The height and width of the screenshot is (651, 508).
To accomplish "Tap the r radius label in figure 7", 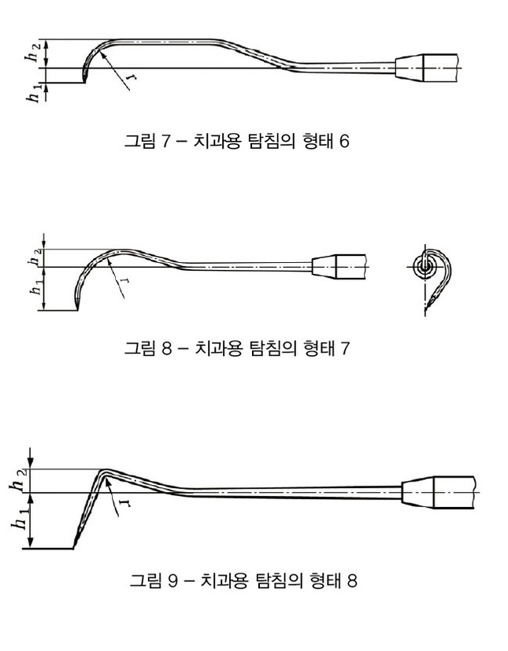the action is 132,77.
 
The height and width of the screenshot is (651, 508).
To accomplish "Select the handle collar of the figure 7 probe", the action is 409,67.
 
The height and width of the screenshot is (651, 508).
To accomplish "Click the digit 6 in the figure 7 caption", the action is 344,142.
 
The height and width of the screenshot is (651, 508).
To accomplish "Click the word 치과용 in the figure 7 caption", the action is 217,142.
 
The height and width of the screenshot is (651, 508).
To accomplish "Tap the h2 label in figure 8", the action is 35,257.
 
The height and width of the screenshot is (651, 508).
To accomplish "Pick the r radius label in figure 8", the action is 124,283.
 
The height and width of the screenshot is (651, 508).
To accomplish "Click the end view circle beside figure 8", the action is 424,267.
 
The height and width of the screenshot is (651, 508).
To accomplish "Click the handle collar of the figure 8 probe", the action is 324,266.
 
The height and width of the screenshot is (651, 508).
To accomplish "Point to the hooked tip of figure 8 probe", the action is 76,308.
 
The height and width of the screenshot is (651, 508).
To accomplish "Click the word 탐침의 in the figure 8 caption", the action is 273,348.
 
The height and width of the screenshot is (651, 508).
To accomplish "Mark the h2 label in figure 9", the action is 20,481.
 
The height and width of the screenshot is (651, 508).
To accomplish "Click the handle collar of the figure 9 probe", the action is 417,493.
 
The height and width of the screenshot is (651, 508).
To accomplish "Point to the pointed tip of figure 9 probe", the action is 74,547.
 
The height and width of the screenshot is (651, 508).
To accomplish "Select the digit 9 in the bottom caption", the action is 172,580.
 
